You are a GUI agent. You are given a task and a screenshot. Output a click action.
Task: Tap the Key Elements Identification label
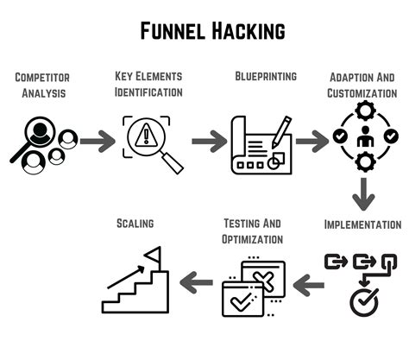tap(148, 85)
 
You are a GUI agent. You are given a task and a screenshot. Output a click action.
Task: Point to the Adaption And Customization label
tap(363, 84)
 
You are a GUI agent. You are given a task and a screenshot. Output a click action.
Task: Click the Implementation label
tap(362, 224)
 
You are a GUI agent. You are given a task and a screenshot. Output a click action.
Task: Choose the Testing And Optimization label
tap(253, 231)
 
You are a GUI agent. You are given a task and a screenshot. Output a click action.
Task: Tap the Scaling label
tap(135, 224)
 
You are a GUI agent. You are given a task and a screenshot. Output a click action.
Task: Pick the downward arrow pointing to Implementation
tap(363, 194)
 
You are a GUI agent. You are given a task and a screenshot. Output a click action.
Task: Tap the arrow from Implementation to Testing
tap(310, 280)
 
